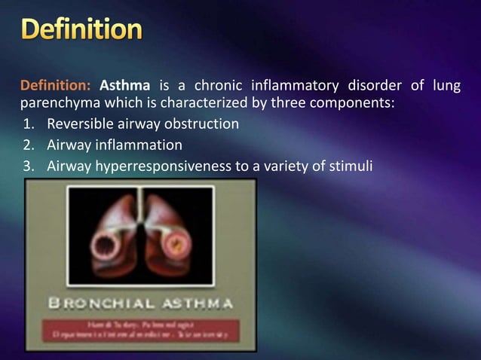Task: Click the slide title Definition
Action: pyautogui.click(x=81, y=29)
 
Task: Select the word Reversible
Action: pyautogui.click(x=80, y=124)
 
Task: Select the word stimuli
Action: pyautogui.click(x=351, y=163)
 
